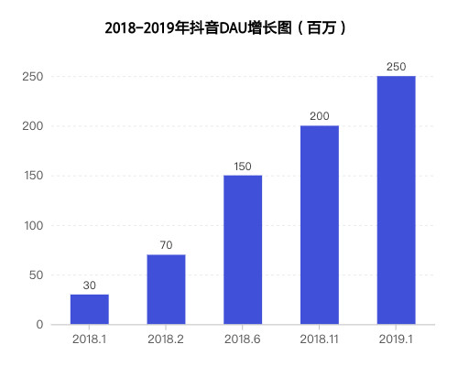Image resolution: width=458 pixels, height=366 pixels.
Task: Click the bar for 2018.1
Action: [89, 309]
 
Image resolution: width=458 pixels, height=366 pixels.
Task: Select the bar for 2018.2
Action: [166, 289]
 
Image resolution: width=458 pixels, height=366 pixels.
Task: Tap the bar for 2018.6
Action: [243, 250]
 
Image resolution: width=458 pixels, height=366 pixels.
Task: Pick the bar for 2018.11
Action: [320, 225]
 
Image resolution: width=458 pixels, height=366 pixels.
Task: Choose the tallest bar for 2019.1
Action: [396, 200]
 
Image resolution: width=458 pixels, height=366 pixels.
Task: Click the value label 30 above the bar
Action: [89, 285]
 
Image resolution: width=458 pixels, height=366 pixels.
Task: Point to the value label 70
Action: [166, 245]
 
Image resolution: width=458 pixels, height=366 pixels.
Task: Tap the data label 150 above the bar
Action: [243, 166]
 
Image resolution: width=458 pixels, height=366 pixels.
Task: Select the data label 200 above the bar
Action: [320, 116]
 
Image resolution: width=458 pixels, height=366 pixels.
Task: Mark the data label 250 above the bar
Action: [396, 67]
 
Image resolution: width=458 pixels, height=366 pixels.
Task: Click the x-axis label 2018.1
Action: [89, 339]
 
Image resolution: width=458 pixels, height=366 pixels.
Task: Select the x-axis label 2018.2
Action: [166, 339]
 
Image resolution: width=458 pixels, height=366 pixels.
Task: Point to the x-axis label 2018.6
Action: [243, 339]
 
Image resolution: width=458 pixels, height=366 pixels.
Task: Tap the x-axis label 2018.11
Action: [320, 339]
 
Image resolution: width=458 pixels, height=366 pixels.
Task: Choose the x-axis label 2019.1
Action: [396, 339]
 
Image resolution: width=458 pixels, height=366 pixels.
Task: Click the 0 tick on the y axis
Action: [39, 325]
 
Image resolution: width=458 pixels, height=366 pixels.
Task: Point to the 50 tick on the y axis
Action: [36, 275]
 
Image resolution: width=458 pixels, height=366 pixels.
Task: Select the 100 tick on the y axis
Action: [33, 226]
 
